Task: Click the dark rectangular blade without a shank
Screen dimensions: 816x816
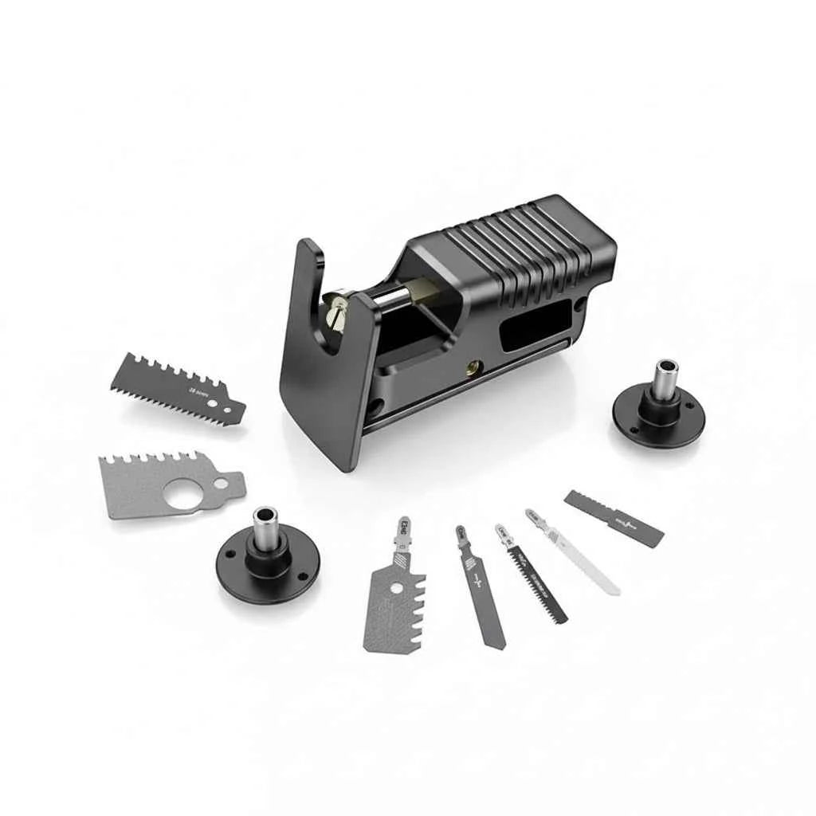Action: coord(614,519)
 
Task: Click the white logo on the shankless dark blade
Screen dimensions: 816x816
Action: coord(626,524)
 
